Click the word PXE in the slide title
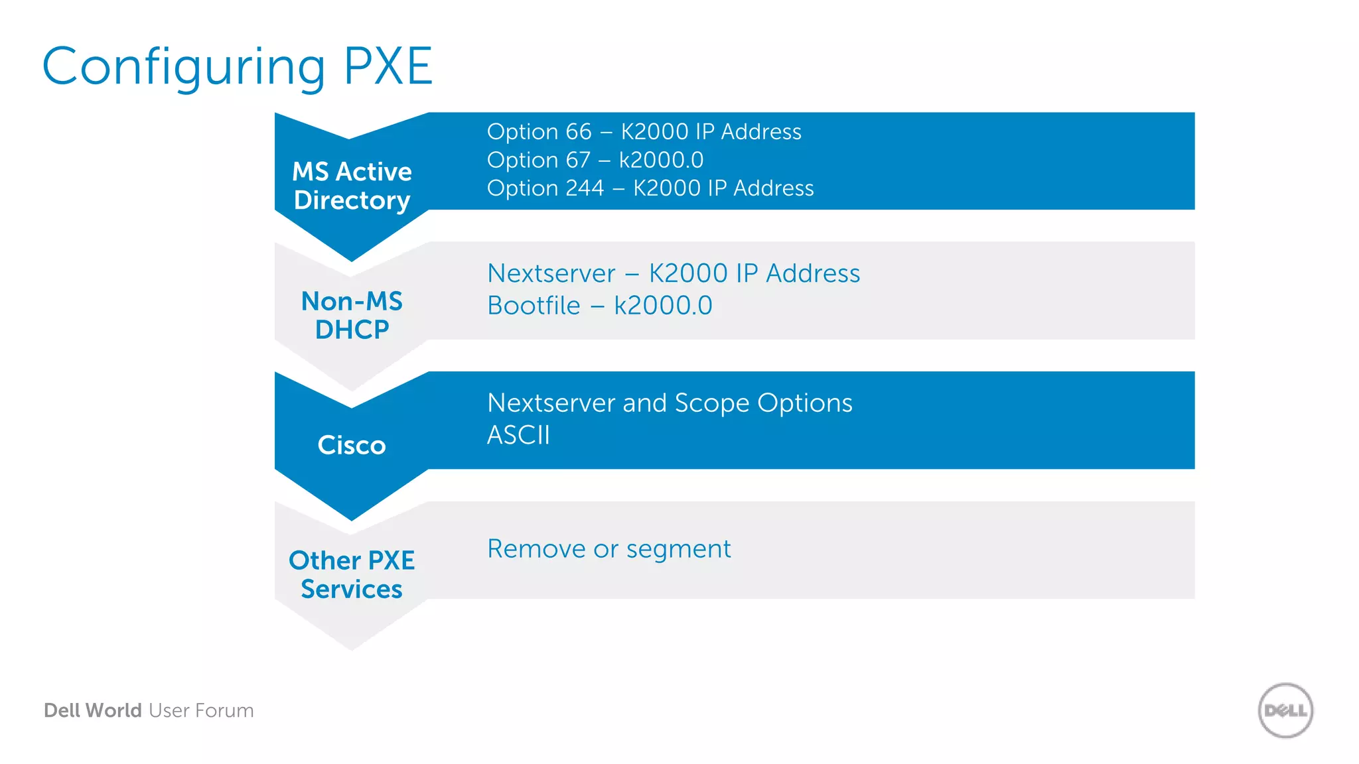click(388, 66)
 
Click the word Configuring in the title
click(184, 68)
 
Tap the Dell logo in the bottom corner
click(1285, 710)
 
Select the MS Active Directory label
click(352, 186)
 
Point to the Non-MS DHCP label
click(352, 315)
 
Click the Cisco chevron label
click(352, 445)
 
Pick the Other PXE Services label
click(352, 574)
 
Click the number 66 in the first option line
click(577, 132)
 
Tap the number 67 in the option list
click(577, 160)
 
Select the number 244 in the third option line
click(584, 188)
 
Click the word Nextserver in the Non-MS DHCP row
click(551, 273)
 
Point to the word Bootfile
click(534, 306)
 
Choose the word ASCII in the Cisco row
click(518, 435)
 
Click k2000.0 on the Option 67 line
click(661, 160)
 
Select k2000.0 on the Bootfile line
click(663, 306)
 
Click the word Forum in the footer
click(225, 710)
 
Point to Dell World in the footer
click(93, 710)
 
